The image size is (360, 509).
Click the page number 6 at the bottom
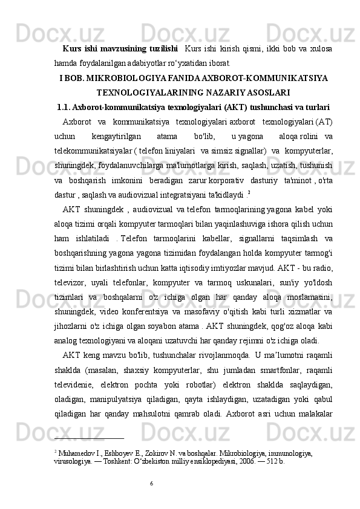coord(151,482)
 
